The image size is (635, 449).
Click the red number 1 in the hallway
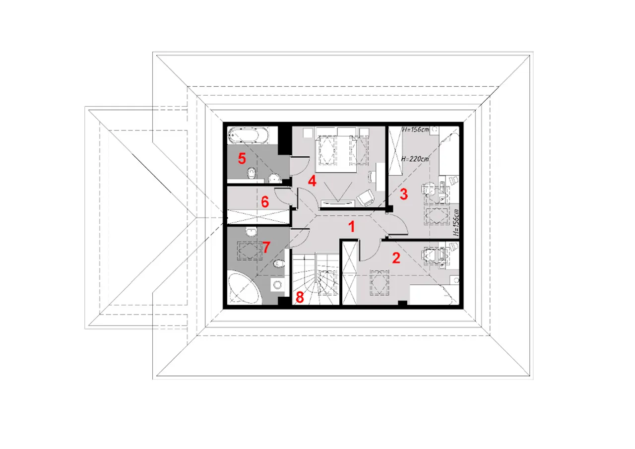click(352, 227)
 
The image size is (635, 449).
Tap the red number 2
click(396, 258)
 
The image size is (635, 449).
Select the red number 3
click(404, 194)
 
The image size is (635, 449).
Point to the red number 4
click(312, 181)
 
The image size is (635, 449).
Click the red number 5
click(242, 158)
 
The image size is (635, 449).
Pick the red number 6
click(265, 202)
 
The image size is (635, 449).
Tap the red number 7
click(266, 247)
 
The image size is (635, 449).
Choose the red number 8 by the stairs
click(300, 297)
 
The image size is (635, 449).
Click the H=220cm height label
click(415, 159)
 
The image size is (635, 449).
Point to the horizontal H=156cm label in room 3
click(416, 129)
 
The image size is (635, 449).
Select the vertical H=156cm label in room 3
click(455, 223)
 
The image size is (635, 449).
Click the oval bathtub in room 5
click(249, 135)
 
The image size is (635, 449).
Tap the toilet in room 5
click(252, 173)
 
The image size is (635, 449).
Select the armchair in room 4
click(366, 197)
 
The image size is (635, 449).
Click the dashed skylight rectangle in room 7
click(250, 251)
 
